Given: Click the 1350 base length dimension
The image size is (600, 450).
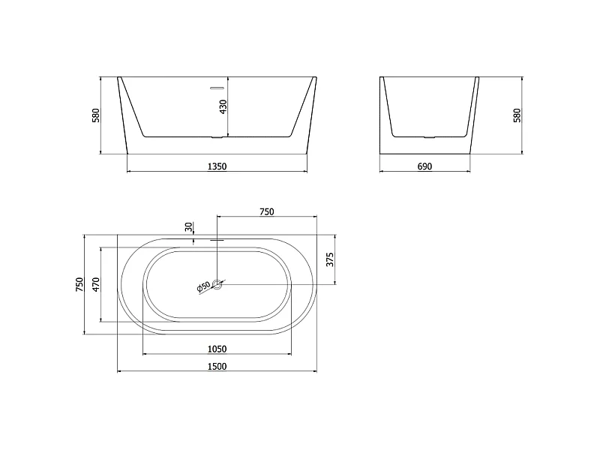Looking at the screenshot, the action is (x=217, y=166).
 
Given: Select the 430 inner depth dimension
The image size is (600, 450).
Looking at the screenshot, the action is (x=223, y=106).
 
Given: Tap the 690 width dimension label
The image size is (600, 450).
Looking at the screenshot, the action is (x=424, y=166).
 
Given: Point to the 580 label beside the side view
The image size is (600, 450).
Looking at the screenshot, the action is (x=517, y=115).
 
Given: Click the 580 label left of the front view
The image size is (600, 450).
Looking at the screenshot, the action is (x=96, y=115).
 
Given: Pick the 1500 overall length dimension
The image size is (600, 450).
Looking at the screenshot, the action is (x=217, y=367).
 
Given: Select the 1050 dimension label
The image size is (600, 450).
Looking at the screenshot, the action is (x=217, y=349).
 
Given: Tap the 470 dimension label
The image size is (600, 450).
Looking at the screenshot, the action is (x=96, y=284).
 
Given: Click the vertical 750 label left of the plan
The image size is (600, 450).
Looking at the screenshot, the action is (x=79, y=284).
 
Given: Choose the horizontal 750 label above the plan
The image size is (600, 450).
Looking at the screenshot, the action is (x=267, y=211).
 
